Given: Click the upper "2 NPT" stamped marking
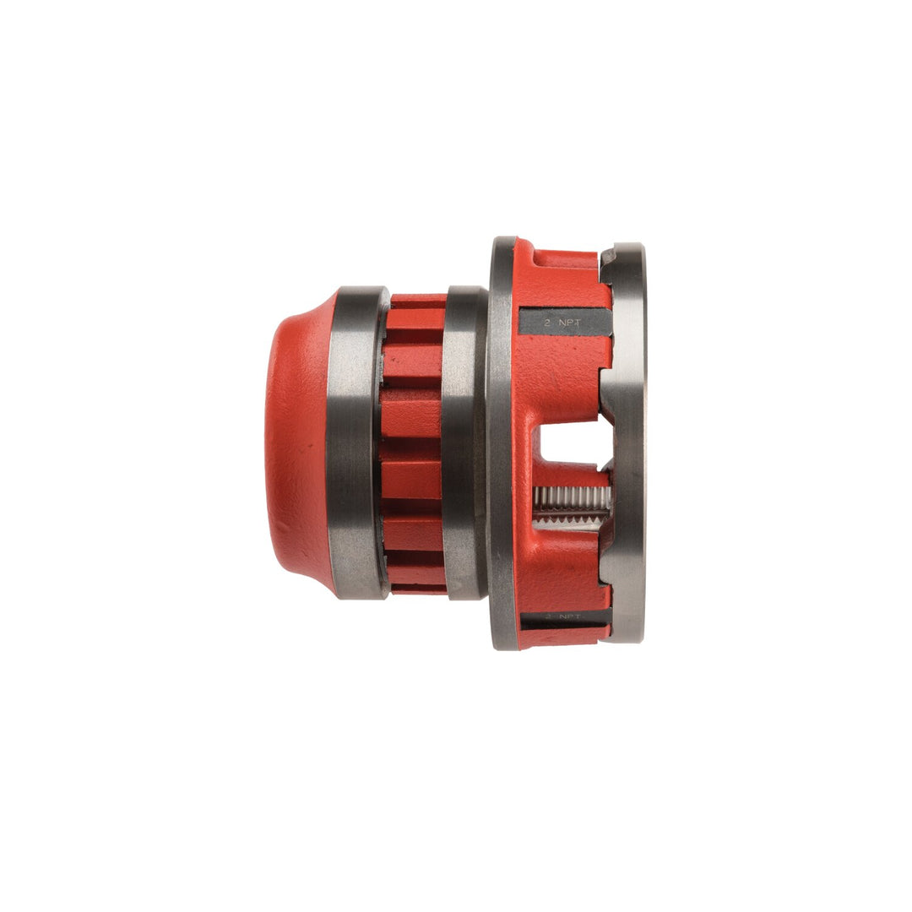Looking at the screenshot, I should tap(564, 322).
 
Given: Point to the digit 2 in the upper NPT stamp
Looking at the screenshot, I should tap(548, 322).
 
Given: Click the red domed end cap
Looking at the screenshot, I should tap(297, 443).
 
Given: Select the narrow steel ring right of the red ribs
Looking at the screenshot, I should tap(464, 443).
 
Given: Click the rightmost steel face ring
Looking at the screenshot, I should tap(629, 443).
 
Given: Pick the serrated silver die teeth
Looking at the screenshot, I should tap(570, 504).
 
